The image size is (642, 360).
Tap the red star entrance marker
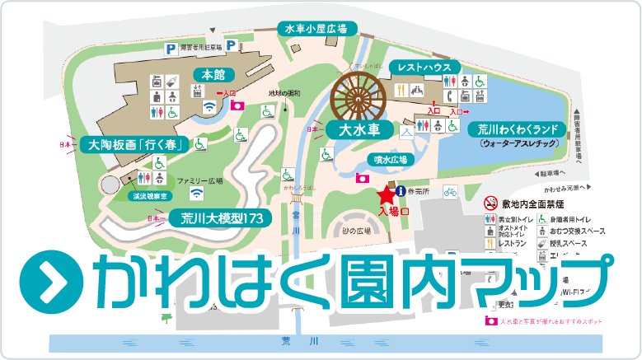[384, 194]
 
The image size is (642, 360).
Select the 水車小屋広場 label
[316, 29]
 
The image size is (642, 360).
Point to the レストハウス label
[423, 65]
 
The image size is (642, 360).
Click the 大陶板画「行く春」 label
[136, 145]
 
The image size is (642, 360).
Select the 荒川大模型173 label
[221, 219]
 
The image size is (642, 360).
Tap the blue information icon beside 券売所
[401, 191]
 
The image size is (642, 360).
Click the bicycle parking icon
[450, 191]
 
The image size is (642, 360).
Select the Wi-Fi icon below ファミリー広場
[196, 194]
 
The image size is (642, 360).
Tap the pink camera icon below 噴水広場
[361, 177]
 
